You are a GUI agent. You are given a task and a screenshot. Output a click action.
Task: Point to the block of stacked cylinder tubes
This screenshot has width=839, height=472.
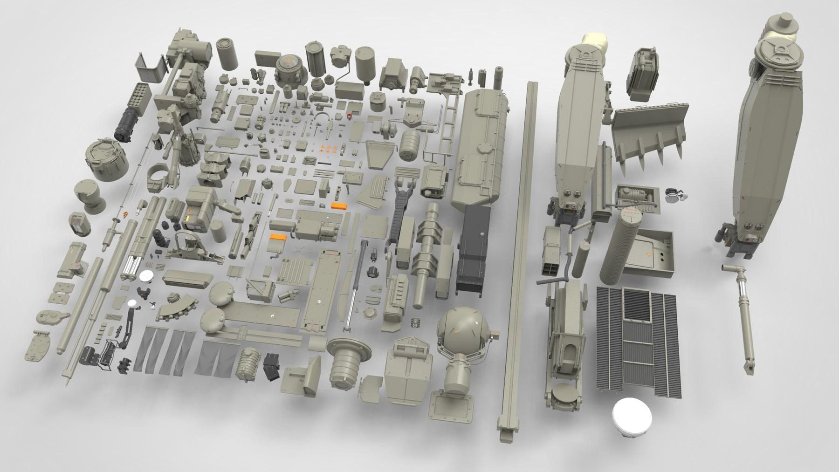coord(140,95)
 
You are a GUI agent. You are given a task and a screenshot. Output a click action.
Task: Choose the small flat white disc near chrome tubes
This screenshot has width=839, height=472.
coord(146,276)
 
